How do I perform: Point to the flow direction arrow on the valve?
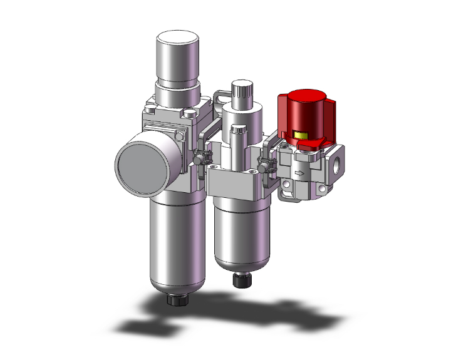299,173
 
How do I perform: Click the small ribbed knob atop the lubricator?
241,92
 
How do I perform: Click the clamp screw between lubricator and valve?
266,167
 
